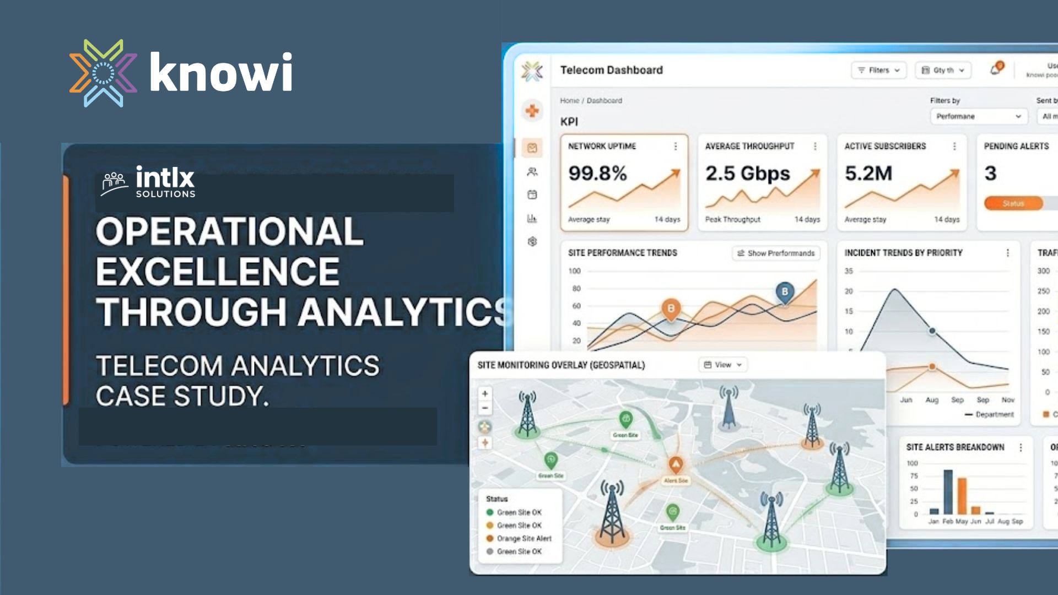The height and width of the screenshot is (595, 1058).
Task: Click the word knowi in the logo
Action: click(220, 73)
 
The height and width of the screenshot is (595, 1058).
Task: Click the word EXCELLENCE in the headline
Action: click(218, 272)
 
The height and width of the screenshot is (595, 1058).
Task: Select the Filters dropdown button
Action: click(879, 71)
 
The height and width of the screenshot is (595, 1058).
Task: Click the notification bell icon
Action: click(995, 69)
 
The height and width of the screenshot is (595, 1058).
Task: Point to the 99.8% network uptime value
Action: click(597, 174)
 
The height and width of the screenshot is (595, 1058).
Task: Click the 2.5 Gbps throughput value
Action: click(747, 174)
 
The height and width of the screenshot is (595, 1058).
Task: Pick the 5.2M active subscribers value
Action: click(868, 174)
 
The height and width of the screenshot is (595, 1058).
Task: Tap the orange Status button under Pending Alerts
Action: click(1013, 203)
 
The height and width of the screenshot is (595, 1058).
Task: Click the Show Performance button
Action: click(776, 253)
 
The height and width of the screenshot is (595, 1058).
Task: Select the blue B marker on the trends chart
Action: click(785, 292)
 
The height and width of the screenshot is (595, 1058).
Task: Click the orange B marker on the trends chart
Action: click(671, 309)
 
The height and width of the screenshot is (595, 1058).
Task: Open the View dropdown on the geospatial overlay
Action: click(723, 365)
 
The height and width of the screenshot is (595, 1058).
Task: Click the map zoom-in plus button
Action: click(485, 394)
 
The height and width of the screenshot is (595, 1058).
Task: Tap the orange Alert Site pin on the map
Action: click(676, 464)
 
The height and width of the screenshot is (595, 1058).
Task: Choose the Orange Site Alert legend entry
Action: click(523, 538)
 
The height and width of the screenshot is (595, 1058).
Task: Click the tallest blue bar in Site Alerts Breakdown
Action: click(948, 491)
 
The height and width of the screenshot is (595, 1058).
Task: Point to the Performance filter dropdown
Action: click(978, 116)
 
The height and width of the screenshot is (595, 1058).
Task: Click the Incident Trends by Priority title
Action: click(903, 253)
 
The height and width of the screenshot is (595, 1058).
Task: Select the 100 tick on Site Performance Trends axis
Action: click(574, 271)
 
